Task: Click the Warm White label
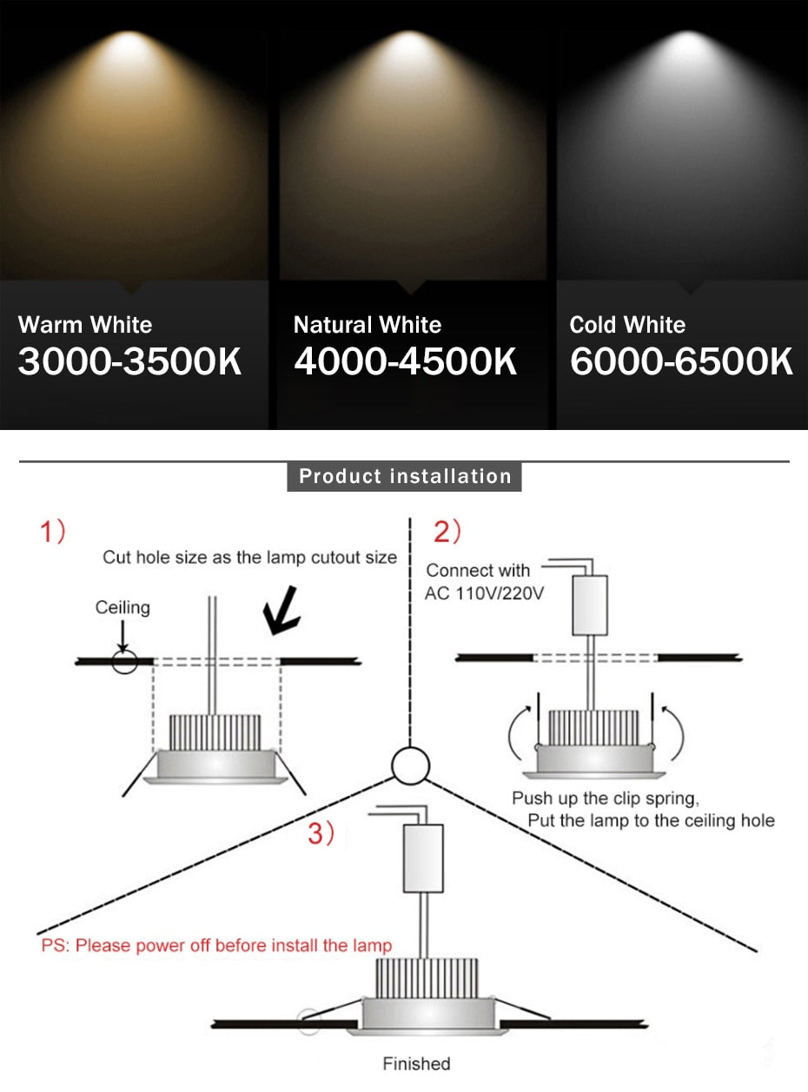pos(85,325)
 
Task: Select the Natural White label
pos(368,325)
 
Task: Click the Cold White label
pos(627,325)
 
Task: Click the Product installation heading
pos(405,476)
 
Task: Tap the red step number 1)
pos(53,532)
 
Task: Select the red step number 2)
pos(447,532)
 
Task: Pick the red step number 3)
pos(321,834)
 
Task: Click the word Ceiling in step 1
pos(123,607)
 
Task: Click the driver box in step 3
pos(424,858)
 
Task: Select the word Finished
pos(417,1063)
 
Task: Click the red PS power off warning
pos(216,945)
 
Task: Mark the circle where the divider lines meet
pos(410,766)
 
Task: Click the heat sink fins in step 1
pos(215,731)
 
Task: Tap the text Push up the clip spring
pos(606,798)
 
